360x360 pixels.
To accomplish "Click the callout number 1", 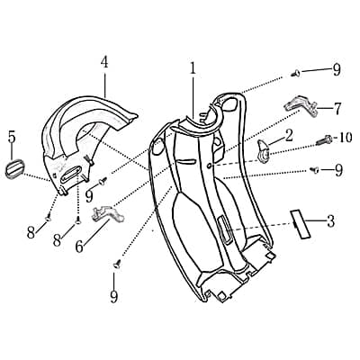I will (x=193, y=67).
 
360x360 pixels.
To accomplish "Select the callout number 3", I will (x=330, y=220).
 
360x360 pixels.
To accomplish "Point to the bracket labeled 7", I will (x=301, y=104).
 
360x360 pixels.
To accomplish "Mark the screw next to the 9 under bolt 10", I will (x=313, y=168).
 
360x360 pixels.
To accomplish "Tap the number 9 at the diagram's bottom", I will (x=114, y=295).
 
